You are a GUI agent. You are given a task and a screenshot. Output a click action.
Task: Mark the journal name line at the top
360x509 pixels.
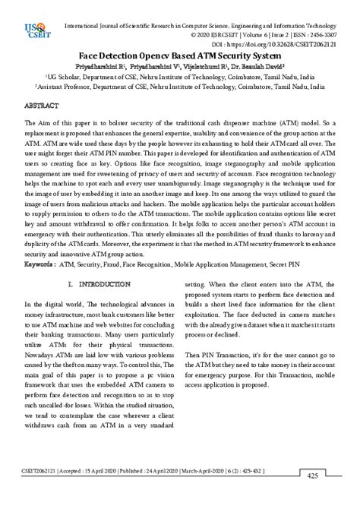click(x=201, y=24)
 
